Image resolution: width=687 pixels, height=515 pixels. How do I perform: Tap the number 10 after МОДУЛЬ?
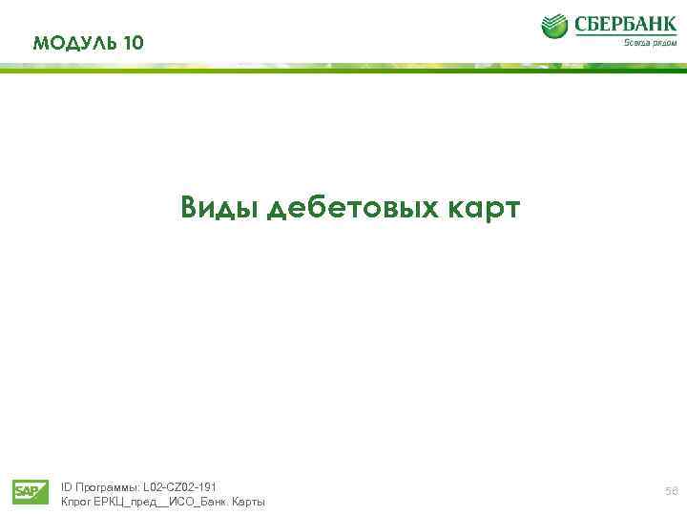135,43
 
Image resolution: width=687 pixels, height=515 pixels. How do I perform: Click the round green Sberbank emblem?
554,26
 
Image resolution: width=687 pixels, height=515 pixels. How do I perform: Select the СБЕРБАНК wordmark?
625,24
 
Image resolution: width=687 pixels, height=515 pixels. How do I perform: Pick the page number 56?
672,491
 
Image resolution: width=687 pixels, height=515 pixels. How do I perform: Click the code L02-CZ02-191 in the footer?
180,486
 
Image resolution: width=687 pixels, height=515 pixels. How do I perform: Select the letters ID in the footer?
67,486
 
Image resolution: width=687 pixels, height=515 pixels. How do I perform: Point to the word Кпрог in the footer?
75,502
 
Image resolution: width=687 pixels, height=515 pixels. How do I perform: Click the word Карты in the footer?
247,502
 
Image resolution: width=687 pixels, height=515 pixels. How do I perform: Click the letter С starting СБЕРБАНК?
581,24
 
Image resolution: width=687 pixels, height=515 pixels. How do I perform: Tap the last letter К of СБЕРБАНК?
670,24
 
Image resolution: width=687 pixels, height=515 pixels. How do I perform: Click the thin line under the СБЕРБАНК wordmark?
625,36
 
